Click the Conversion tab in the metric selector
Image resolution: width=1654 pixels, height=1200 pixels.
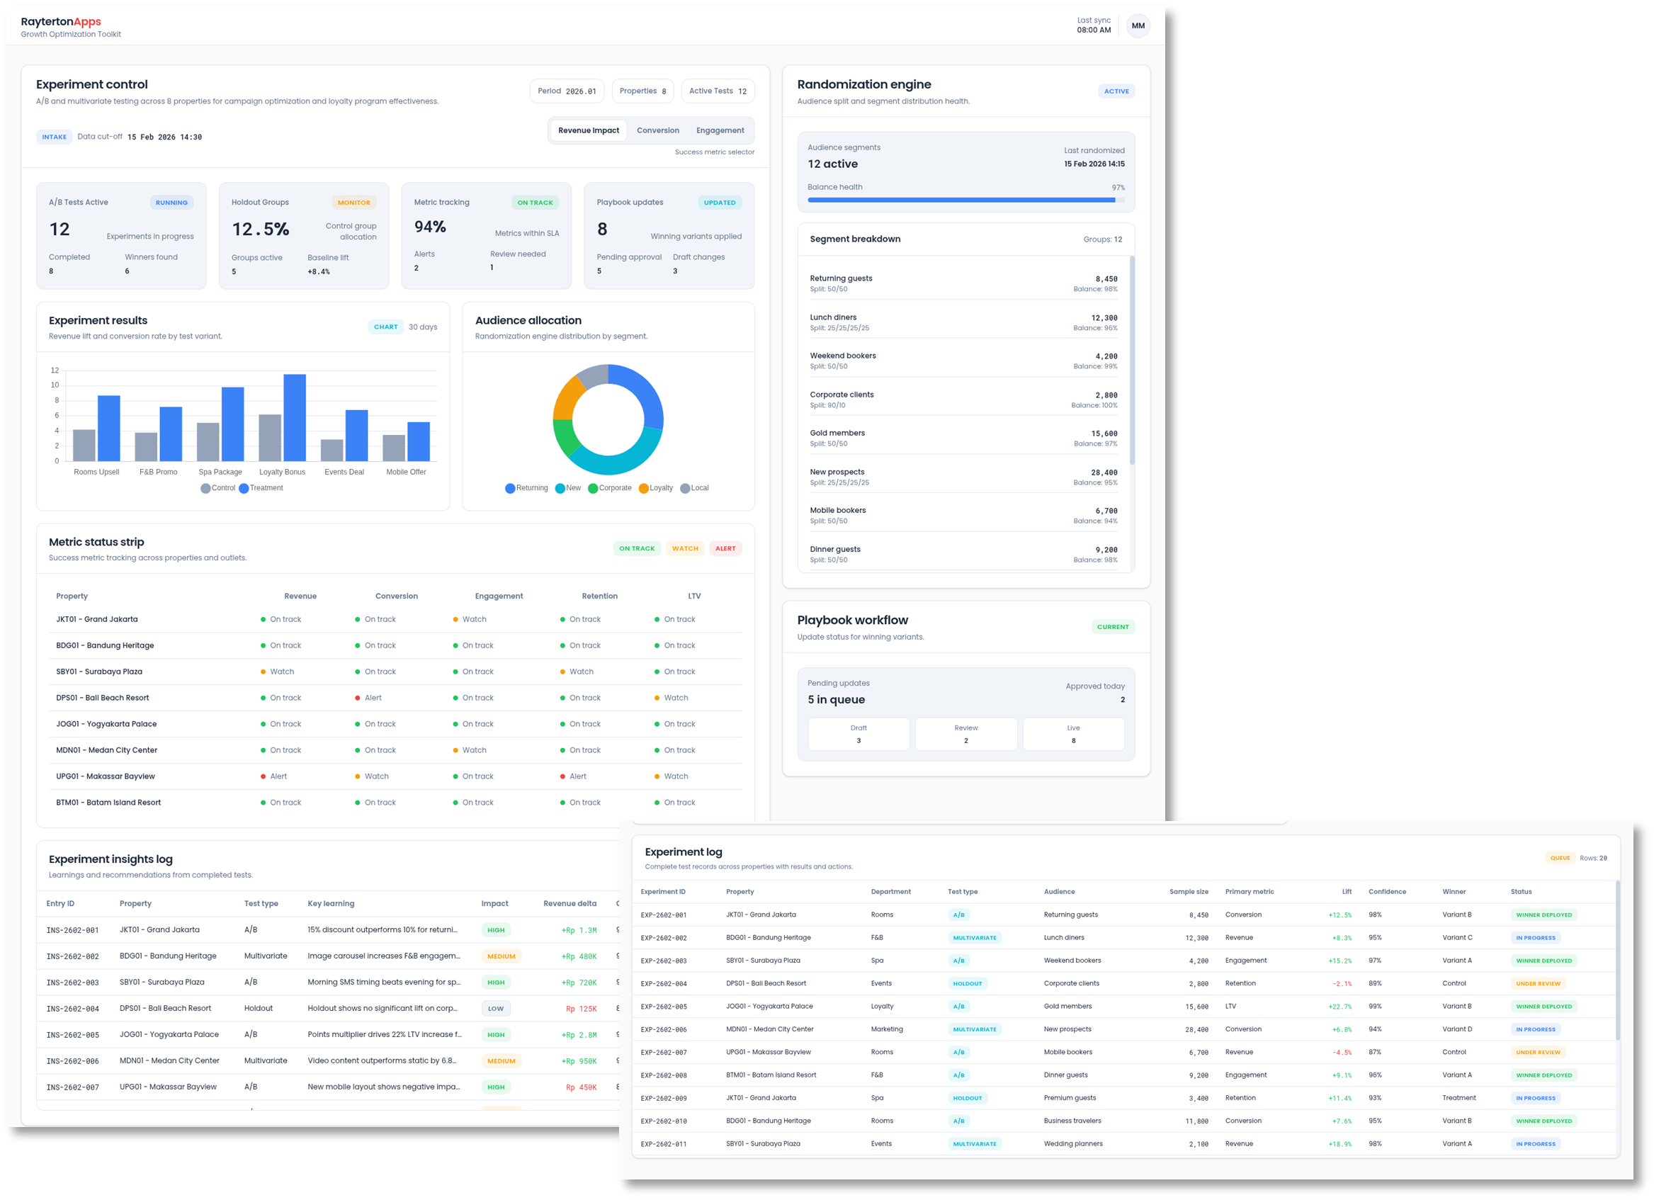click(657, 130)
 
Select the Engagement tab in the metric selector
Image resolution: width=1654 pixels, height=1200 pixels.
click(720, 130)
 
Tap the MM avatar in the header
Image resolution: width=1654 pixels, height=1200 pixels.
click(1138, 26)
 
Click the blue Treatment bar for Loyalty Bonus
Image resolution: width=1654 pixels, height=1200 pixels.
click(295, 417)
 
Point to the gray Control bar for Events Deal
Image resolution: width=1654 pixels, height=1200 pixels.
click(332, 449)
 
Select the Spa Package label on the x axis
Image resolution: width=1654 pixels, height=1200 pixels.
click(220, 472)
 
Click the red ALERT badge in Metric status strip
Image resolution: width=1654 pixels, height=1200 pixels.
click(725, 548)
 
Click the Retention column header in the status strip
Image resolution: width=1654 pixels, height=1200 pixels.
click(599, 596)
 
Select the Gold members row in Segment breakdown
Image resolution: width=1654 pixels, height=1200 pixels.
click(963, 438)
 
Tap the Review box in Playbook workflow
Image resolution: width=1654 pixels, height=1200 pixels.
click(965, 734)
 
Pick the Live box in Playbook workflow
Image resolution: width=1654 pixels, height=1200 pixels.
click(1072, 734)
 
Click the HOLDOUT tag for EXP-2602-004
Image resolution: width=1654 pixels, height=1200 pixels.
click(967, 983)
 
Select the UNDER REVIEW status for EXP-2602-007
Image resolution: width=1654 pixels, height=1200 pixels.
click(1537, 1052)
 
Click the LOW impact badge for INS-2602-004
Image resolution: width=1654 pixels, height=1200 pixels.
click(496, 1009)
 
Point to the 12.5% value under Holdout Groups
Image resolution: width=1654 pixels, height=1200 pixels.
click(261, 230)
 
